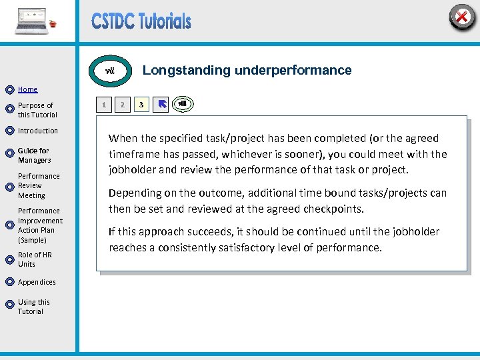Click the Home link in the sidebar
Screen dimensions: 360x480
click(x=27, y=89)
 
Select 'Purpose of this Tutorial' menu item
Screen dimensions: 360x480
click(x=37, y=110)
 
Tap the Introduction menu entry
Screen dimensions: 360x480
click(x=38, y=131)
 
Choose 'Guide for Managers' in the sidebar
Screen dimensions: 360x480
click(x=34, y=155)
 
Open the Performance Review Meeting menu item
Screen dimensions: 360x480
click(x=39, y=186)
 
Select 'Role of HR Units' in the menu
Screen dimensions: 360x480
click(x=35, y=259)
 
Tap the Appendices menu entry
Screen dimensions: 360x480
click(x=37, y=282)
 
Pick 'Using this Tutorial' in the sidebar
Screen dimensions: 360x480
click(x=33, y=307)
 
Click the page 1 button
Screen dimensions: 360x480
click(x=103, y=105)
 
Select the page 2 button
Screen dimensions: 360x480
click(x=122, y=105)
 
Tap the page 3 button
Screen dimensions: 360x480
click(x=141, y=105)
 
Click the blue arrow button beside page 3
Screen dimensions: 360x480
click(x=160, y=105)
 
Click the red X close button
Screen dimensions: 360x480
click(x=461, y=17)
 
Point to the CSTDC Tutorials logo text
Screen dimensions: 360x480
click(x=141, y=21)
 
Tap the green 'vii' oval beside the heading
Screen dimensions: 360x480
click(x=111, y=70)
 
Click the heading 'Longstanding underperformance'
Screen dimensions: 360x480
click(x=247, y=70)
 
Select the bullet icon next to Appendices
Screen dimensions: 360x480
click(x=9, y=283)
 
